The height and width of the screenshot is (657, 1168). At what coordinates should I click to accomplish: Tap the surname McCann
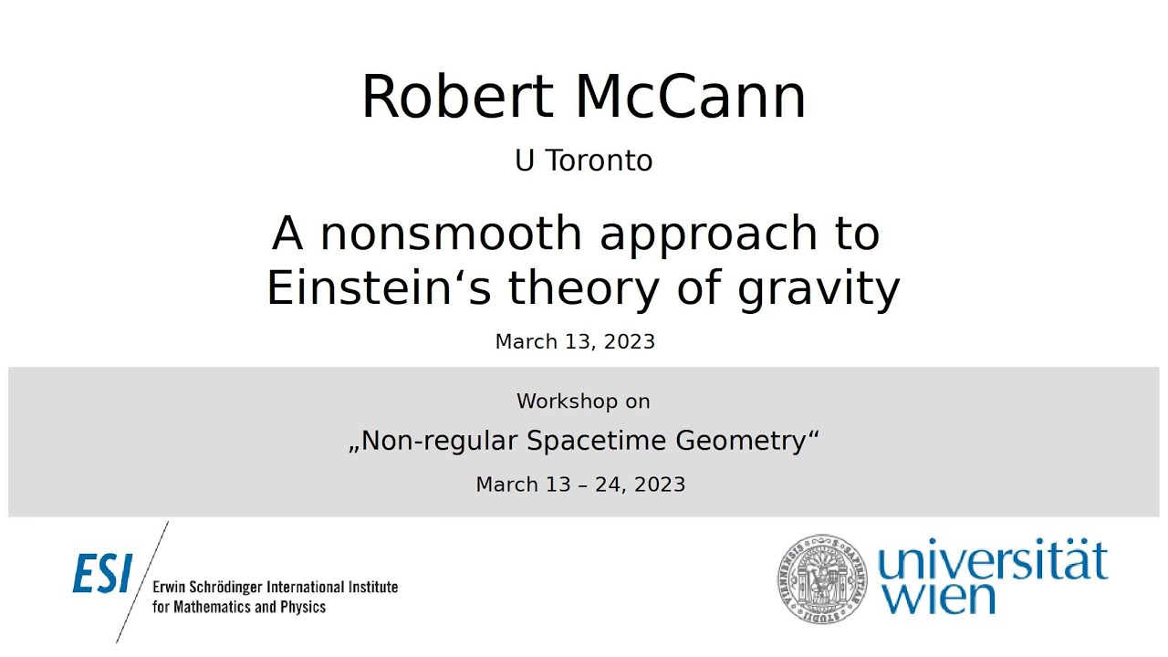tap(691, 97)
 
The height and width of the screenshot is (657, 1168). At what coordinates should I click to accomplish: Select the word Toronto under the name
tap(599, 161)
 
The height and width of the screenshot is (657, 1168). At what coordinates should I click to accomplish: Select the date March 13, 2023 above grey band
tap(575, 341)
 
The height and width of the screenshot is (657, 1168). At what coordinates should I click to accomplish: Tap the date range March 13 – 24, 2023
tap(580, 485)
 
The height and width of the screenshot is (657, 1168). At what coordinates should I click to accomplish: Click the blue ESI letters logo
tap(102, 574)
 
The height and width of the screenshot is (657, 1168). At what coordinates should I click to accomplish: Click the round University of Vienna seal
tap(822, 577)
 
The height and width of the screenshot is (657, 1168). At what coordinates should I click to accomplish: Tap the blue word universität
tap(992, 561)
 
